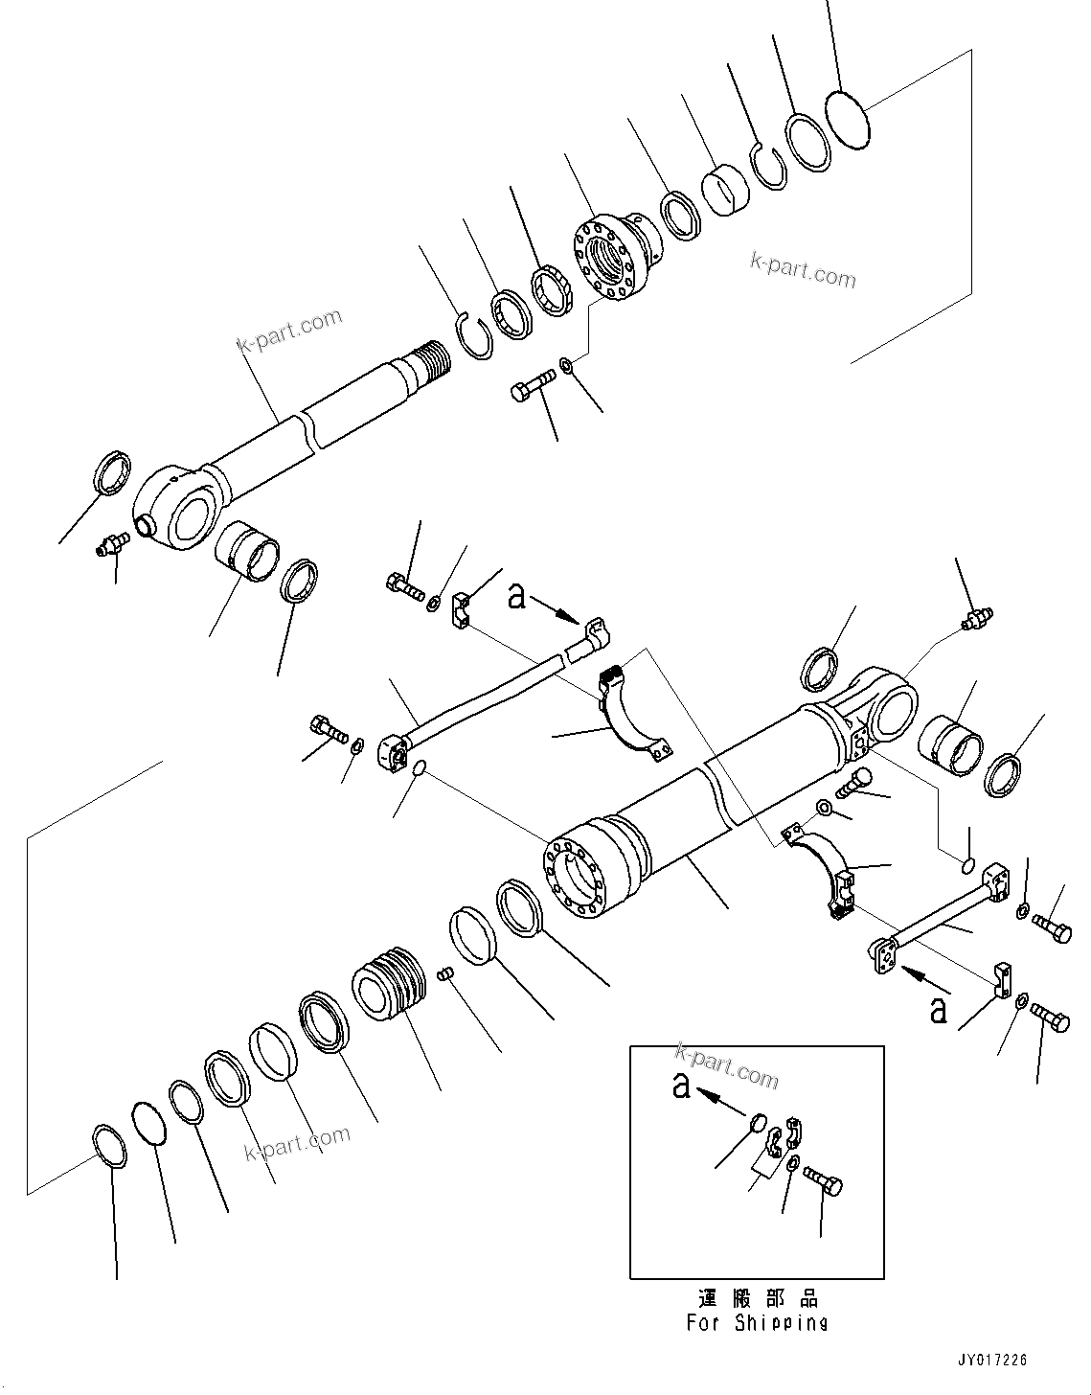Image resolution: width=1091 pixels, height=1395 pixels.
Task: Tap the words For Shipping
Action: click(757, 1323)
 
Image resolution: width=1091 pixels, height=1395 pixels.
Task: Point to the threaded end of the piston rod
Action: click(428, 360)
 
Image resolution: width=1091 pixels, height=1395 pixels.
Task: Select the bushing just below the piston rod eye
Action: click(247, 553)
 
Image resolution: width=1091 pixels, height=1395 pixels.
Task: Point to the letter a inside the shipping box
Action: click(681, 1086)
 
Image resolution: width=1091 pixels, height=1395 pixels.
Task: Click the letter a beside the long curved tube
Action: click(517, 597)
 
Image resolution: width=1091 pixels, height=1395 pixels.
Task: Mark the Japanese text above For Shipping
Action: click(757, 1299)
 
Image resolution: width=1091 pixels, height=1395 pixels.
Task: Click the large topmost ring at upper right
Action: click(848, 119)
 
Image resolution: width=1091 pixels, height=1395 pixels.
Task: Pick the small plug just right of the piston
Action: click(443, 973)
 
